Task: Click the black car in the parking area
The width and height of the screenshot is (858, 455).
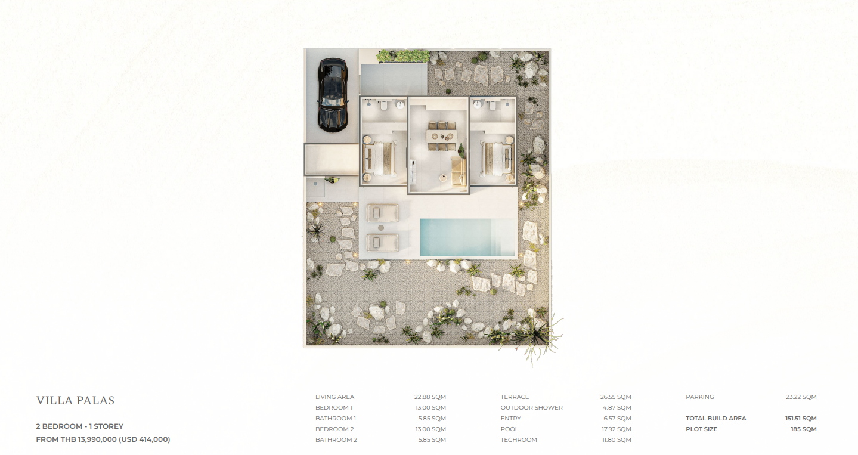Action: point(333,95)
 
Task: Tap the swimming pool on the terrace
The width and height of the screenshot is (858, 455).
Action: point(467,237)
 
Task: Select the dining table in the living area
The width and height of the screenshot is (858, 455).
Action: point(442,136)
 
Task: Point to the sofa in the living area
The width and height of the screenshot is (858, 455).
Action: point(459,171)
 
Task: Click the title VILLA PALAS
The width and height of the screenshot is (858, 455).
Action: point(76,401)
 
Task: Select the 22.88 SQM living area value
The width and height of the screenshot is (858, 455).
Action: point(430,397)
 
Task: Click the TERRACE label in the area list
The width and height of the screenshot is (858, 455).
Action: point(515,397)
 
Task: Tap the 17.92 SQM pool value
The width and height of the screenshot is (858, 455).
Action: point(617,429)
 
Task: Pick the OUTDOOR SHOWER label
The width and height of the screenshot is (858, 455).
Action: point(532,407)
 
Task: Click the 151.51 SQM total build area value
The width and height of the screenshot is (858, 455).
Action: point(801,418)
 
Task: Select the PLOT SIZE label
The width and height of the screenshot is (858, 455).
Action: point(701,429)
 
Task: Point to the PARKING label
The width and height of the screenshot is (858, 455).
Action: point(700,397)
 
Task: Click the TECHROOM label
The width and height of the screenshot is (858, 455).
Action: point(519,439)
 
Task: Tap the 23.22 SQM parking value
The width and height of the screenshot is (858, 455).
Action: point(801,397)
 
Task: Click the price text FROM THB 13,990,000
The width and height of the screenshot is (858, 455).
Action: point(76,439)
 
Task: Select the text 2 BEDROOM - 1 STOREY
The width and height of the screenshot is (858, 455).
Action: point(80,426)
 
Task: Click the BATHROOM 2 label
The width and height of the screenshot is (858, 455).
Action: point(336,439)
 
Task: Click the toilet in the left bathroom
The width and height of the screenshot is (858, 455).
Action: point(384,105)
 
